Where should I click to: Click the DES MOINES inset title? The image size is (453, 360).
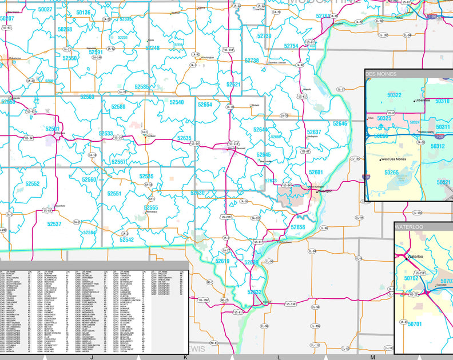379,74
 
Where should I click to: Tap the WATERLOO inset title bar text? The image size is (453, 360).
409,226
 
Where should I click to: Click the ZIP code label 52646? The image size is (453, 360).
340,123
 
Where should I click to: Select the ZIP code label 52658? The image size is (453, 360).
298,227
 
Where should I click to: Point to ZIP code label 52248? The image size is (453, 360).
153,48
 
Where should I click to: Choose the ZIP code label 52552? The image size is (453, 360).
33,184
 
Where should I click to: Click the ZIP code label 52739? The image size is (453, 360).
264,36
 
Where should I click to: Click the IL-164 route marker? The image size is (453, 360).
355,159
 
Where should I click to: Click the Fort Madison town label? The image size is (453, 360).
284,242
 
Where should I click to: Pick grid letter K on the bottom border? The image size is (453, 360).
185,357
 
